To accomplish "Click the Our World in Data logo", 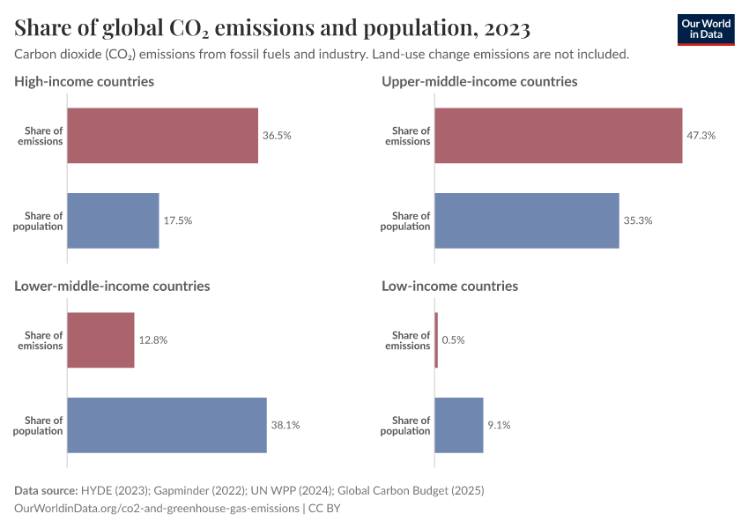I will click(x=705, y=29).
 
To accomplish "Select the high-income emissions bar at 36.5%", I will click(x=163, y=136).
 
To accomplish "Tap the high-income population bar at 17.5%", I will click(x=113, y=220).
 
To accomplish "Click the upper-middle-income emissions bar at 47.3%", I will click(x=558, y=136).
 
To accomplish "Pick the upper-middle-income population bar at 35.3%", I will click(x=526, y=220).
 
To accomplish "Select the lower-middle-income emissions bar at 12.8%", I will click(x=100, y=340).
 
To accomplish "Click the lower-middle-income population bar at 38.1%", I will click(x=167, y=425).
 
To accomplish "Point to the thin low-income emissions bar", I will click(x=436, y=340).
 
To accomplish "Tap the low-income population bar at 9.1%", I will click(x=458, y=425).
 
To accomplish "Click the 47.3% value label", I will click(x=701, y=136).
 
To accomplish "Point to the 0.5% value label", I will click(x=453, y=340).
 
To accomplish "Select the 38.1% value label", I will click(x=286, y=425).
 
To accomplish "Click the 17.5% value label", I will click(x=177, y=220).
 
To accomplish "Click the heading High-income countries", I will click(x=85, y=81).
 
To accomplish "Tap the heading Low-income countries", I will click(x=449, y=286).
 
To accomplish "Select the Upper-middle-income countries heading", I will click(x=479, y=81).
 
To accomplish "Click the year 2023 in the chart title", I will click(x=505, y=28).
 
